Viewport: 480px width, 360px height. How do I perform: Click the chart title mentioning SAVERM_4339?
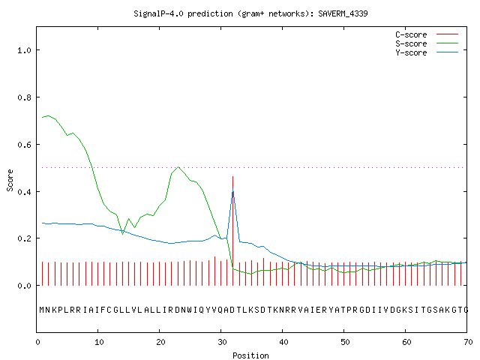pyautogui.click(x=250, y=13)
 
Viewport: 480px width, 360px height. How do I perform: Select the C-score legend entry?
pyautogui.click(x=427, y=34)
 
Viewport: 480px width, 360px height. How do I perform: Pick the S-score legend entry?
pyautogui.click(x=427, y=43)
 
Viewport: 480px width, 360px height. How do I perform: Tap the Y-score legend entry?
pyautogui.click(x=427, y=52)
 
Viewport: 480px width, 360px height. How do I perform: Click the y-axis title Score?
pyautogui.click(x=10, y=180)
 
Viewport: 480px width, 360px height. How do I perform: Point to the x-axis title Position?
pyautogui.click(x=250, y=355)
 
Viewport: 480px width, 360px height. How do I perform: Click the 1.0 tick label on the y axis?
pyautogui.click(x=25, y=50)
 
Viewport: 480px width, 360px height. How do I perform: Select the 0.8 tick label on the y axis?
pyautogui.click(x=25, y=97)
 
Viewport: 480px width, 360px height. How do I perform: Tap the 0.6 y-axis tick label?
pyautogui.click(x=25, y=145)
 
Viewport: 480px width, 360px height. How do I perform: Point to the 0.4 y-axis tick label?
pyautogui.click(x=25, y=192)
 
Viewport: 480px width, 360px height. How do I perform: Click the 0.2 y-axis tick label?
pyautogui.click(x=25, y=238)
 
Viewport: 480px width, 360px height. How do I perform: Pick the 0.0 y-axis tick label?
pyautogui.click(x=25, y=286)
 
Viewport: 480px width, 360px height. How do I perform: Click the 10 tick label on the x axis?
pyautogui.click(x=99, y=342)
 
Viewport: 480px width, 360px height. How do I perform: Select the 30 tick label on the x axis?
pyautogui.click(x=222, y=342)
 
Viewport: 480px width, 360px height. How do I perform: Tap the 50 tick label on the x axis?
pyautogui.click(x=345, y=342)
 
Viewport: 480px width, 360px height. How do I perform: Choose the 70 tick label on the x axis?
pyautogui.click(x=468, y=342)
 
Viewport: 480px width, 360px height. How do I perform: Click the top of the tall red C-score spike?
pyautogui.click(x=233, y=177)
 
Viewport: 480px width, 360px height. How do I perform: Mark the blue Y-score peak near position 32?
pyautogui.click(x=233, y=189)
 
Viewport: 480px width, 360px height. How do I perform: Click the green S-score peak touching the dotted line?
pyautogui.click(x=178, y=167)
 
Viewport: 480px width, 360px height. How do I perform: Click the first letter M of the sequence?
pyautogui.click(x=42, y=310)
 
